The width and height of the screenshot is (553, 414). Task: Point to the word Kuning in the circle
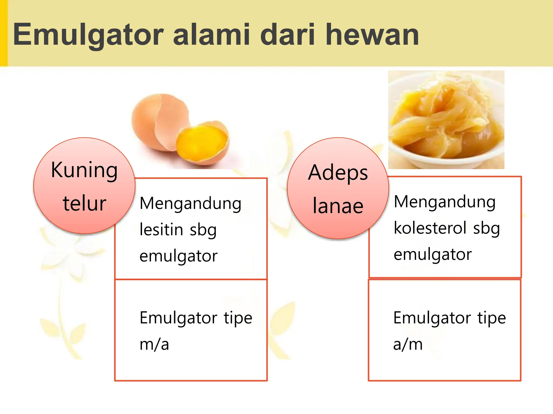tap(85, 170)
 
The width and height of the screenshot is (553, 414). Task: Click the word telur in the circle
tap(85, 203)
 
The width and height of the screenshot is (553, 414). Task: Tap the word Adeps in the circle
tap(338, 173)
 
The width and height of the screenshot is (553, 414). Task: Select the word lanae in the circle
tap(338, 206)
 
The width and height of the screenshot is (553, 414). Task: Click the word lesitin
tap(161, 230)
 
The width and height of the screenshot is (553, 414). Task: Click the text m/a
tap(154, 344)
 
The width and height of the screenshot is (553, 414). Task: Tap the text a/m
tap(408, 344)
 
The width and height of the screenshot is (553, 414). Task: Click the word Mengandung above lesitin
tap(190, 203)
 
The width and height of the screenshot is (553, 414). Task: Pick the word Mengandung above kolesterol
tap(444, 202)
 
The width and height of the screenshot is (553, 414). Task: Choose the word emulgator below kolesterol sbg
tap(433, 254)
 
